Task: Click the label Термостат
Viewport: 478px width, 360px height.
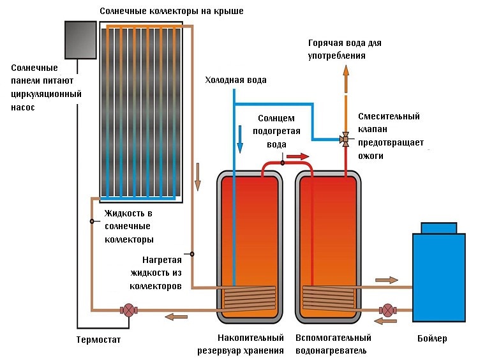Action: (98, 340)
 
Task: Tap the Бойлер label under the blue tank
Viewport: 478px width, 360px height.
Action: (433, 338)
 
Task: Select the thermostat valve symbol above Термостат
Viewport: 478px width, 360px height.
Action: (128, 311)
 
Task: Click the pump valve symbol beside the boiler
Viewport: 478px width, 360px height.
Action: (385, 310)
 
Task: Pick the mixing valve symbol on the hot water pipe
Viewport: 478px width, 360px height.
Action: (345, 139)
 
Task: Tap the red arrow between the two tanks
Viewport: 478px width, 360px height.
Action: (297, 156)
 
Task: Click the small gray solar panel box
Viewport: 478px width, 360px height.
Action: (80, 40)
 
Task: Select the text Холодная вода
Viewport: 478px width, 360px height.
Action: (235, 80)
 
